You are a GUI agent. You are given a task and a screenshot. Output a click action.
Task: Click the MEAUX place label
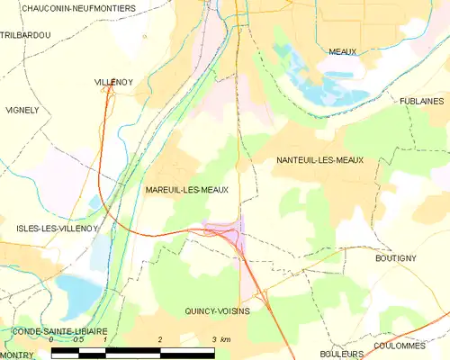click(x=342, y=52)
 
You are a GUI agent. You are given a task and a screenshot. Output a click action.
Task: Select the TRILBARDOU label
click(x=26, y=34)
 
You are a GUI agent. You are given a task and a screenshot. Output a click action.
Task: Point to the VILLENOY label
click(x=114, y=82)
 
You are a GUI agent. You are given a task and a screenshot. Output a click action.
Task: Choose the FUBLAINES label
click(x=423, y=102)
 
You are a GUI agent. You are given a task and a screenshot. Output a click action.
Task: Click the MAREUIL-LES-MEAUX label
click(x=186, y=191)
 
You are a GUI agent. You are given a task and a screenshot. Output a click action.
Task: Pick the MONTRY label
click(x=17, y=355)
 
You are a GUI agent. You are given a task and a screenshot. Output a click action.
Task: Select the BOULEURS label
click(x=341, y=355)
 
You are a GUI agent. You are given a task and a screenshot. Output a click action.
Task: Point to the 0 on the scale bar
click(x=52, y=340)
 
